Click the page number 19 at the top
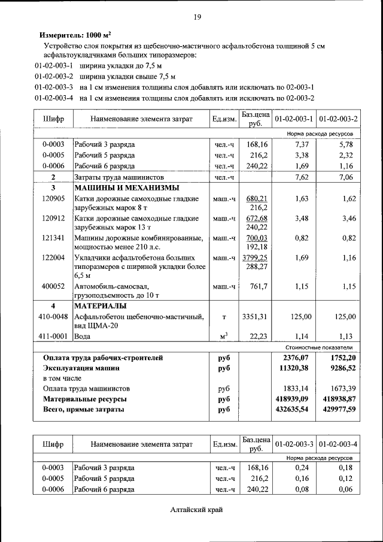point(196,16)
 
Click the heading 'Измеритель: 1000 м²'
point(75,35)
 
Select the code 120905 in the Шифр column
point(53,198)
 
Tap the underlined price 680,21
point(257,198)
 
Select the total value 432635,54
point(292,410)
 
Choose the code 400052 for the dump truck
point(53,286)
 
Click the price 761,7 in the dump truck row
point(258,286)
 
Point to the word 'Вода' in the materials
point(83,337)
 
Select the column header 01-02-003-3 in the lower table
point(294,444)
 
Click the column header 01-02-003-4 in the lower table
point(338,444)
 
